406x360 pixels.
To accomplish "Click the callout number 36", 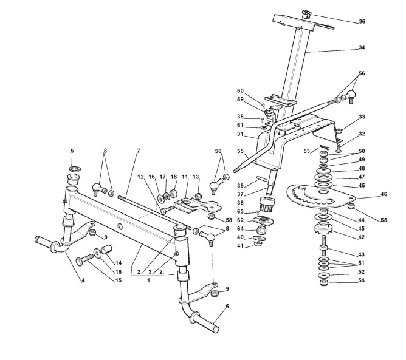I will coord(362,21).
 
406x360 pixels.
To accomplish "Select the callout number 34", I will coord(362,47).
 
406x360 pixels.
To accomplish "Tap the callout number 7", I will coord(138,150).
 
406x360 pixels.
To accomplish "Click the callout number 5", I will coord(72,150).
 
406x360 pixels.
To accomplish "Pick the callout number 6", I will coord(227,307).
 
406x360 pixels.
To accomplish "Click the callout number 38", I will coord(241,203).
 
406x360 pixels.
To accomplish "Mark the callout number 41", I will coord(241,246).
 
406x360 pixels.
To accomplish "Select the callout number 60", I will coord(240,90).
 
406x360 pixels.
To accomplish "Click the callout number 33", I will coord(362,117).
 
